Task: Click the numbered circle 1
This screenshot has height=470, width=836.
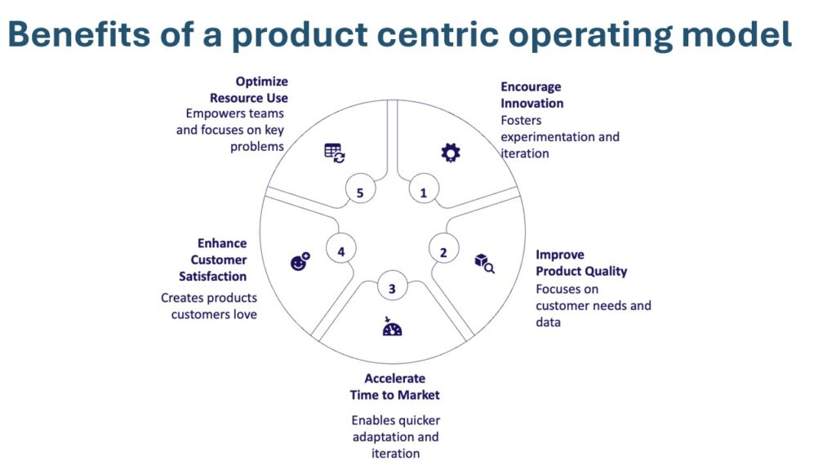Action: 423,193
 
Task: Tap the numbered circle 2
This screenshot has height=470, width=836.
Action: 443,252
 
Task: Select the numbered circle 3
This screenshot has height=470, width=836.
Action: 392,289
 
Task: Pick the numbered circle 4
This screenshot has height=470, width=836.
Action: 341,252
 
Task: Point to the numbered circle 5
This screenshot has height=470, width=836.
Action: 360,193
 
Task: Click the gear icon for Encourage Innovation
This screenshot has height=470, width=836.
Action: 450,152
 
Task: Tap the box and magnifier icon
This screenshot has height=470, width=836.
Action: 484,263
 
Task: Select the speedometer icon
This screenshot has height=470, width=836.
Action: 392,327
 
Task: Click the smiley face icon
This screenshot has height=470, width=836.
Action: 300,262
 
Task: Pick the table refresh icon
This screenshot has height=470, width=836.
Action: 335,152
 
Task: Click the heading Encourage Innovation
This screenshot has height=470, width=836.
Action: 531,95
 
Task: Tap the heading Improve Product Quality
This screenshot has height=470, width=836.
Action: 580,263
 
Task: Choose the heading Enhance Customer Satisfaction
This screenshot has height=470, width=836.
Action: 213,259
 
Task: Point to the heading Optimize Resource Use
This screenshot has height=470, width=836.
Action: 249,90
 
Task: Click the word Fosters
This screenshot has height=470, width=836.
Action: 521,120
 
